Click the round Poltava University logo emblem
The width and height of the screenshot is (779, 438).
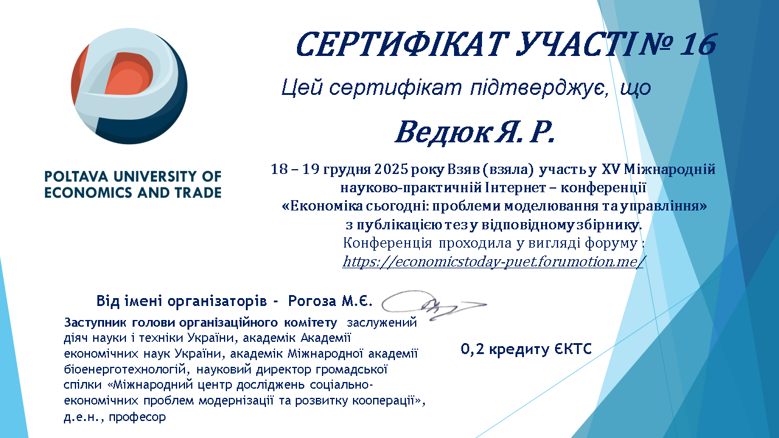pos(130,86)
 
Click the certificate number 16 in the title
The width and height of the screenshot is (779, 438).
pos(697,45)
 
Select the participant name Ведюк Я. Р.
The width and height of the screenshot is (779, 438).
pos(475,133)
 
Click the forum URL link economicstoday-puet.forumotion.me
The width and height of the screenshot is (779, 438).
pos(493,262)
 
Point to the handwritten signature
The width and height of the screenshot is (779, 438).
pos(433,305)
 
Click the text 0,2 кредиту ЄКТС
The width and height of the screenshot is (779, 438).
pos(526,349)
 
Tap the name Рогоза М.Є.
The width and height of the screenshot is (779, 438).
pos(330,301)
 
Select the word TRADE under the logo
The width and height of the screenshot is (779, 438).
pos(198,193)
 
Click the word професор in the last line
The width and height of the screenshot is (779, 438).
pos(138,417)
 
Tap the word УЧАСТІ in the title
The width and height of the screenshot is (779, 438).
pos(574,45)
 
